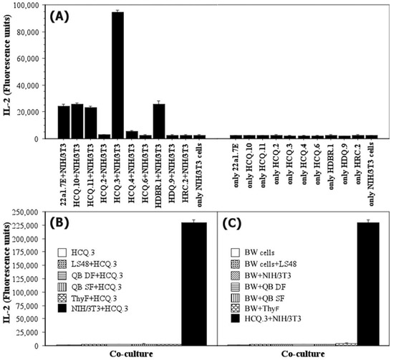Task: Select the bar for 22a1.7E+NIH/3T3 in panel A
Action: (64, 122)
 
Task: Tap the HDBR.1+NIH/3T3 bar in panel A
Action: (158, 121)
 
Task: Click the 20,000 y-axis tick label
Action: (35, 112)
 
